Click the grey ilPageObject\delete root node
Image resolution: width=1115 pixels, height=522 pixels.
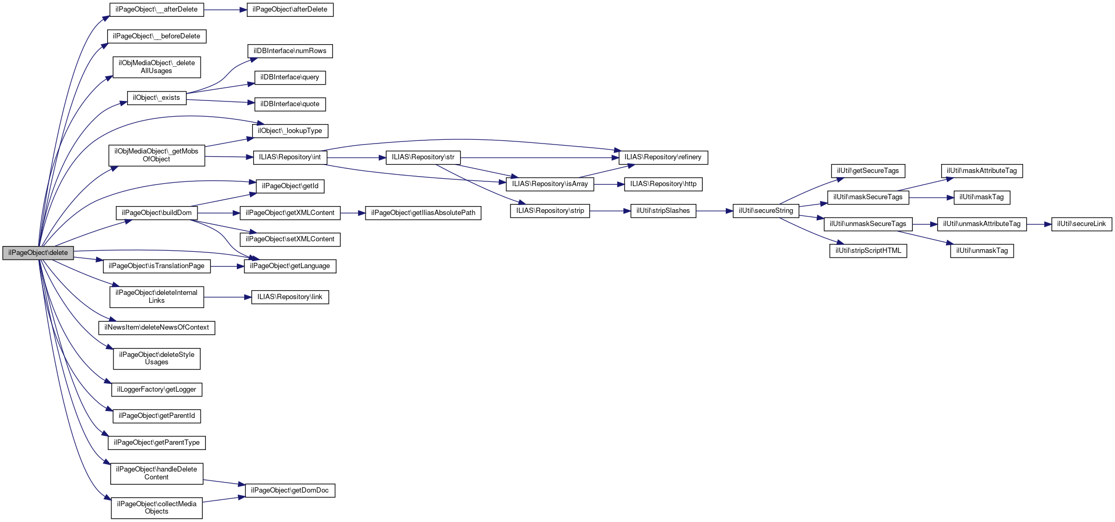pos(38,253)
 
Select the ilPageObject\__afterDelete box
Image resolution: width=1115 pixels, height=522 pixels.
pos(157,9)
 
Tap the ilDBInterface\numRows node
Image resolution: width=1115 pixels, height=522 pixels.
pos(290,51)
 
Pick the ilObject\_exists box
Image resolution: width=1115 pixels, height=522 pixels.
pos(157,98)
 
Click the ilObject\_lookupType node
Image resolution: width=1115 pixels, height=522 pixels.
pos(290,131)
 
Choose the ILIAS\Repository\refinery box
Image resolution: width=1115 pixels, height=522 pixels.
pos(663,157)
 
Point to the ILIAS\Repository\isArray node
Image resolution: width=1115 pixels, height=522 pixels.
pos(550,184)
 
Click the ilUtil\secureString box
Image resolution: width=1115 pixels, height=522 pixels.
pos(766,211)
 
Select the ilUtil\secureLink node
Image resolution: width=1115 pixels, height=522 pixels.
pos(1081,224)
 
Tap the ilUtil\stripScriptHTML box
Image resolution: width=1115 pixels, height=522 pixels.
pos(868,251)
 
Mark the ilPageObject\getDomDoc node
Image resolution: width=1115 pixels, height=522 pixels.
pos(290,490)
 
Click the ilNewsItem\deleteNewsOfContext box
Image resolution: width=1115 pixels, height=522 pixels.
pos(157,327)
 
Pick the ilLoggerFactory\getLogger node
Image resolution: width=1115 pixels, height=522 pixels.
pos(157,390)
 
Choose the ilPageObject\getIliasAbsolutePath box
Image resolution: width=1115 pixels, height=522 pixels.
pos(423,213)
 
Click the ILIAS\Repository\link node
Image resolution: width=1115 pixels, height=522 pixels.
pos(290,297)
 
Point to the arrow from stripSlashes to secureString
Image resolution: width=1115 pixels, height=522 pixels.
pos(714,211)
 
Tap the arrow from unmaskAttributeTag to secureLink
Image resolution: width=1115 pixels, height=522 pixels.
pos(1039,224)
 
